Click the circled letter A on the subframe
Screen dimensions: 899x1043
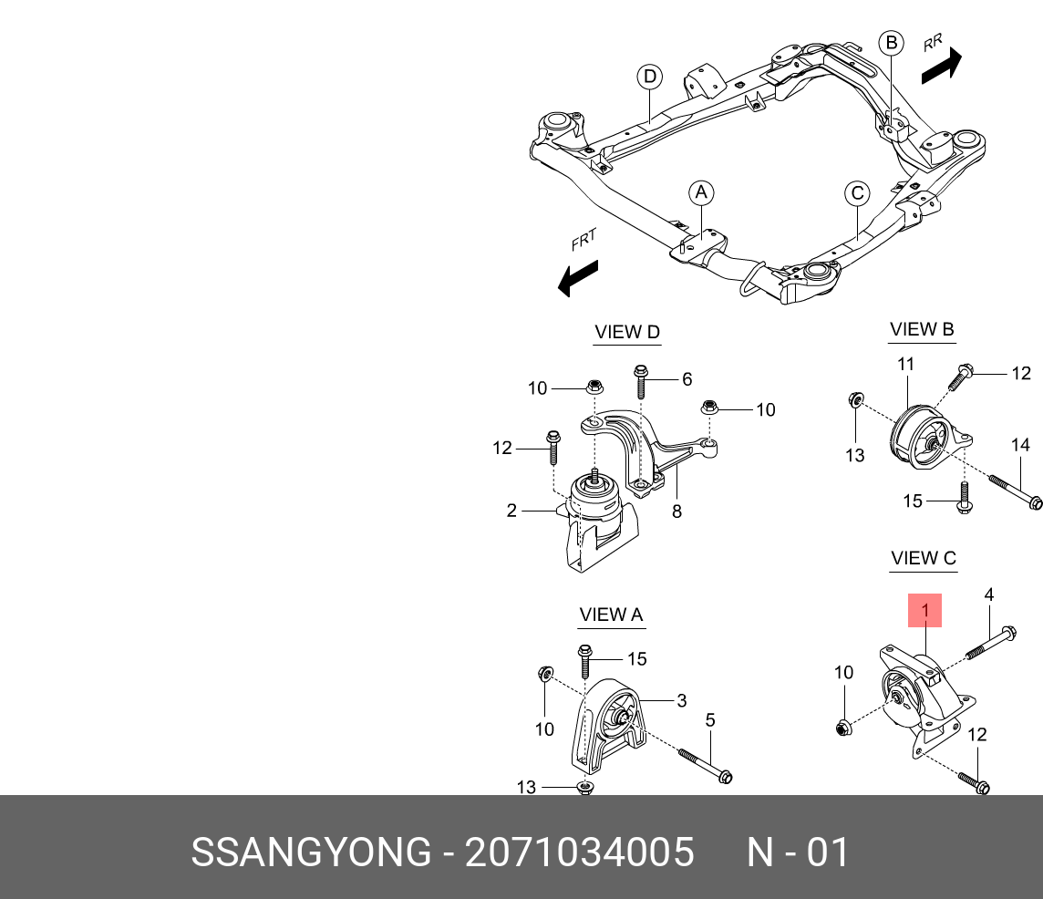(700, 193)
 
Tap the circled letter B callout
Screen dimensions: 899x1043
(892, 43)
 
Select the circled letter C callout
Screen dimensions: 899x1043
(857, 193)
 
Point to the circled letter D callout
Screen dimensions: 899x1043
(649, 77)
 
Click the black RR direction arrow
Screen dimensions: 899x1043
(941, 66)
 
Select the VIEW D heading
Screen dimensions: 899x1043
(626, 333)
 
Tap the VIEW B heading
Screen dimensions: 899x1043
(922, 330)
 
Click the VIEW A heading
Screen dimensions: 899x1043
(611, 615)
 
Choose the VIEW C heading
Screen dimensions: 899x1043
(924, 558)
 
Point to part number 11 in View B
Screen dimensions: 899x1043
(905, 365)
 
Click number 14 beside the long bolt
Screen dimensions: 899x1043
(1020, 446)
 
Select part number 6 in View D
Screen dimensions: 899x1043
(687, 379)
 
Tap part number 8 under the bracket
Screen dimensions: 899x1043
(676, 512)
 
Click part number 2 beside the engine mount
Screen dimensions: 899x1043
(512, 511)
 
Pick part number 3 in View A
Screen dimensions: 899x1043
(681, 701)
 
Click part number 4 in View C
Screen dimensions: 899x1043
(989, 595)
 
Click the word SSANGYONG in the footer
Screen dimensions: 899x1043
(310, 853)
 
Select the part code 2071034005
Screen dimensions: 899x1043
(580, 853)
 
